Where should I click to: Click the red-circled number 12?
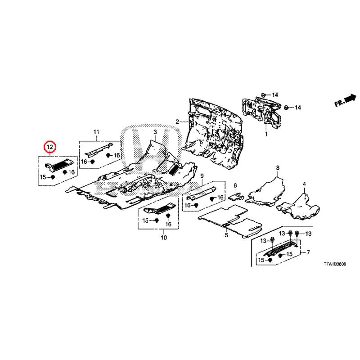pyautogui.click(x=50, y=147)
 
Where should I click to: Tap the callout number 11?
pyautogui.click(x=96, y=132)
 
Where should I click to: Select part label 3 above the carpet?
pyautogui.click(x=155, y=132)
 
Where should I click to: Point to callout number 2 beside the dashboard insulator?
pyautogui.click(x=177, y=121)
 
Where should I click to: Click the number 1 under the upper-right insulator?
pyautogui.click(x=266, y=134)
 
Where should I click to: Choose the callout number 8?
pyautogui.click(x=278, y=168)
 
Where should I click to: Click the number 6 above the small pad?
pyautogui.click(x=235, y=185)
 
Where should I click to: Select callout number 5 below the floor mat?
pyautogui.click(x=226, y=235)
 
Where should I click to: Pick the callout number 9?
pyautogui.click(x=202, y=176)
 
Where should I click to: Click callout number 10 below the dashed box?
pyautogui.click(x=164, y=238)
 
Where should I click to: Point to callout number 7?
pyautogui.click(x=308, y=252)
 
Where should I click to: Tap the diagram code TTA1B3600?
pyautogui.click(x=335, y=264)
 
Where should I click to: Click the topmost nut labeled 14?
pyautogui.click(x=264, y=94)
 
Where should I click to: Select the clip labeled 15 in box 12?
pyautogui.click(x=53, y=177)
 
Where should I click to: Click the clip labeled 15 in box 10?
pyautogui.click(x=157, y=220)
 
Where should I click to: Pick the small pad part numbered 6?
pyautogui.click(x=236, y=197)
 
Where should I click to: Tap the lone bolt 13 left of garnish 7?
pyautogui.click(x=273, y=240)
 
